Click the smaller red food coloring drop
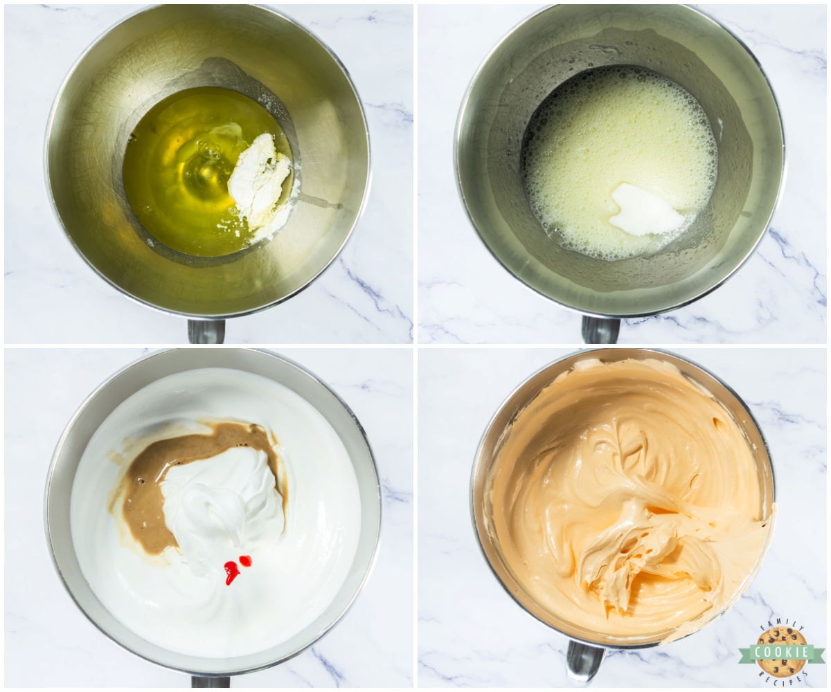point(246,561)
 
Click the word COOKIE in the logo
point(782,652)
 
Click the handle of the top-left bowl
point(206,331)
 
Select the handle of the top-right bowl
point(600,329)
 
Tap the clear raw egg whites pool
point(183,171)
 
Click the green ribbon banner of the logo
point(782,653)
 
